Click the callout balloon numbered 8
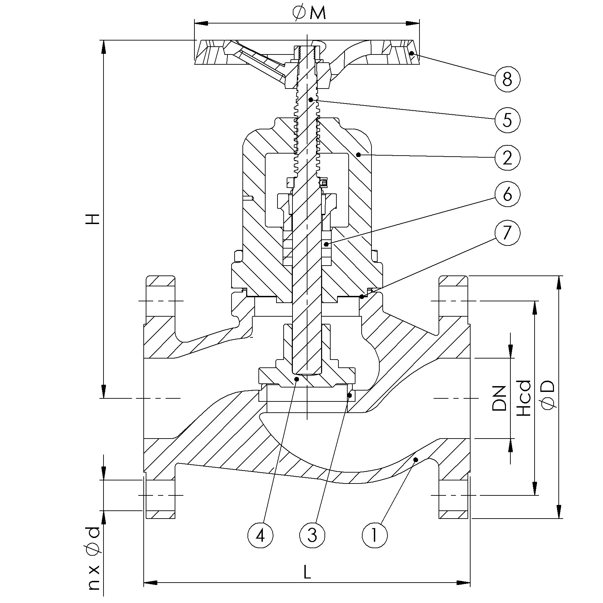pyautogui.click(x=507, y=79)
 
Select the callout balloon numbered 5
pyautogui.click(x=507, y=120)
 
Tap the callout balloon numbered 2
pyautogui.click(x=507, y=158)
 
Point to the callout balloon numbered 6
pyautogui.click(x=507, y=194)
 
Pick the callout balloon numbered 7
pyautogui.click(x=507, y=233)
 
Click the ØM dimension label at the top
pyautogui.click(x=308, y=14)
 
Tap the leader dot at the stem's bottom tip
pyautogui.click(x=297, y=379)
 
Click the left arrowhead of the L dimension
pyautogui.click(x=150, y=583)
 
